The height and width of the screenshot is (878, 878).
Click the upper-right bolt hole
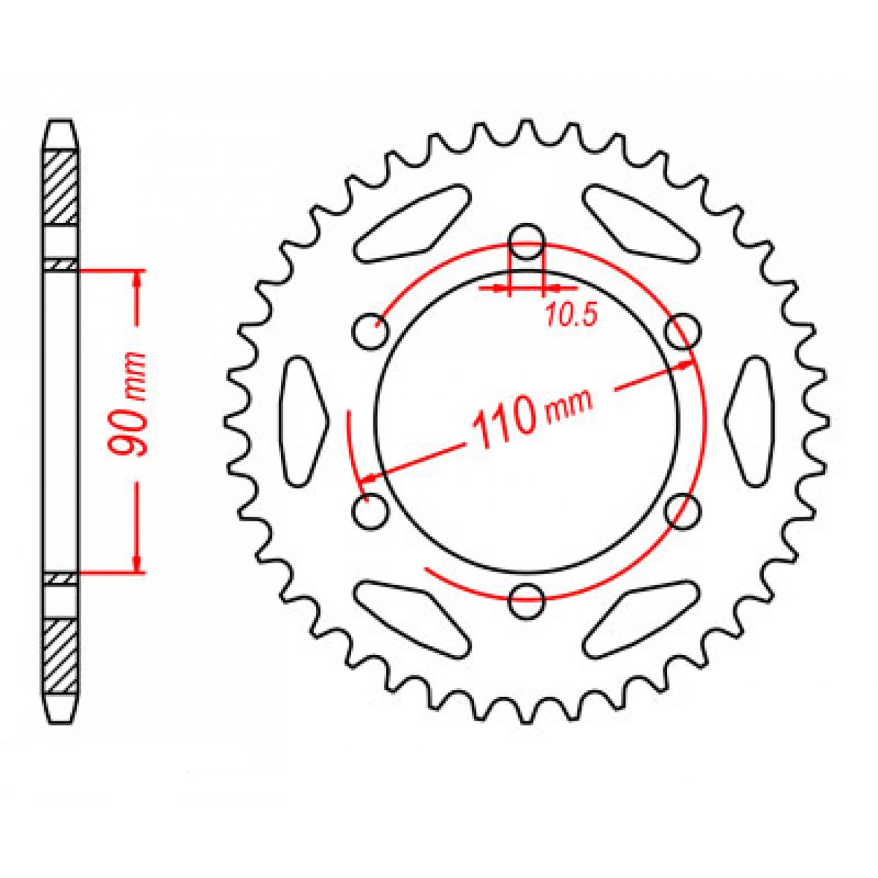[683, 331]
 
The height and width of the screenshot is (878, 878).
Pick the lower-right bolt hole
[683, 511]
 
